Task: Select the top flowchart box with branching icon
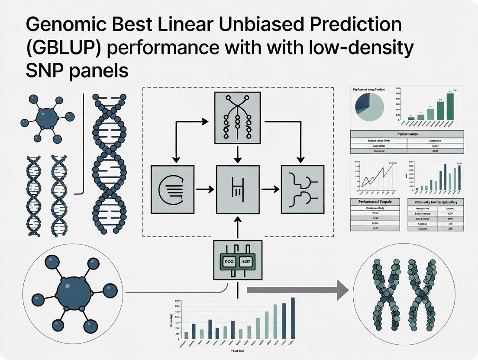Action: point(238,118)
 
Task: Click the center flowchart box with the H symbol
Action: point(238,189)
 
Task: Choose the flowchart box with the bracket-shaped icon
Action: point(303,189)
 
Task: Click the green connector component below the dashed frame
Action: point(238,260)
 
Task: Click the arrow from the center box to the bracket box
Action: point(271,189)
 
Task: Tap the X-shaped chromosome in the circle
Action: point(404,295)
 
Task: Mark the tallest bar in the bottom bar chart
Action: point(293,318)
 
